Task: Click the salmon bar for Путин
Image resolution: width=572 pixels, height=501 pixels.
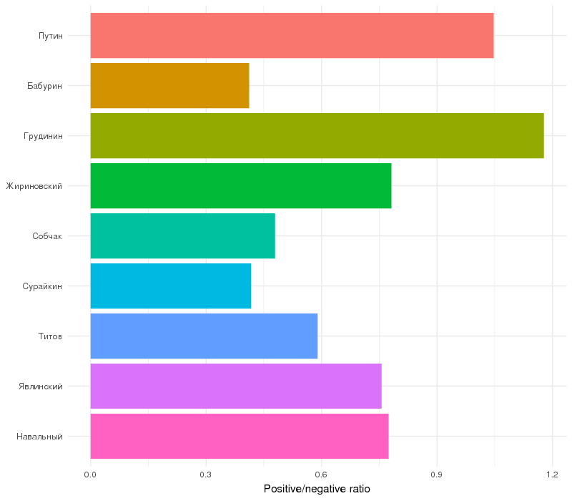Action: [292, 35]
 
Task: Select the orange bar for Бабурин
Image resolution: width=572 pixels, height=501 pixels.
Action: [169, 85]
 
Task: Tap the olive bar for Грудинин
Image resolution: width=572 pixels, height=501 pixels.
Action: [317, 135]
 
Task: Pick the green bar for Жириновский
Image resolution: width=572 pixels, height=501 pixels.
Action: [240, 185]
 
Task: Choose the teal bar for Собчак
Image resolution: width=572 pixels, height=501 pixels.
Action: [182, 235]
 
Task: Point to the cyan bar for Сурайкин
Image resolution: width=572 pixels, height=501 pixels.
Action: [170, 286]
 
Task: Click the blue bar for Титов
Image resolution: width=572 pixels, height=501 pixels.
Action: [204, 336]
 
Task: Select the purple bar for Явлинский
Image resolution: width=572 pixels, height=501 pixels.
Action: [236, 386]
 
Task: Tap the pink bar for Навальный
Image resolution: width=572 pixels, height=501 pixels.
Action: [240, 436]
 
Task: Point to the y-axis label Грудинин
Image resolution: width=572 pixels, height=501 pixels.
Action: [44, 136]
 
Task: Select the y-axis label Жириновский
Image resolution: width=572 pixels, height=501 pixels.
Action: [34, 186]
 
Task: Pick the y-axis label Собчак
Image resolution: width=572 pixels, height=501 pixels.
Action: [47, 236]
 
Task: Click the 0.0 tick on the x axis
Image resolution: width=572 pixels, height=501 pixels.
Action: [91, 475]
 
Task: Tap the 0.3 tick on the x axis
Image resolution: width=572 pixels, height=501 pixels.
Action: [206, 475]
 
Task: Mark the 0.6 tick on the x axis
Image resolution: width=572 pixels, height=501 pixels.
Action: [322, 475]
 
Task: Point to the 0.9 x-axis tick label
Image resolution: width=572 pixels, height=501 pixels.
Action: [437, 475]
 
